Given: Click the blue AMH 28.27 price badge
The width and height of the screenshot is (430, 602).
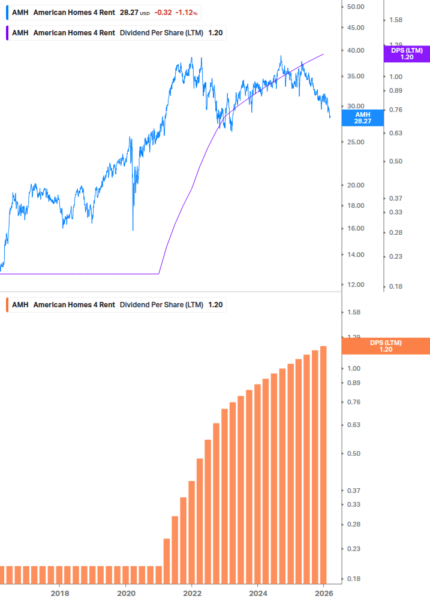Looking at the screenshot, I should (x=362, y=117).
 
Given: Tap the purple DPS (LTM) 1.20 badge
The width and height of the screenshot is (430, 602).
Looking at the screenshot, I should (x=406, y=54).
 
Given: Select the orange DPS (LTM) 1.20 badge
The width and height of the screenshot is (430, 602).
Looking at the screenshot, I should (x=385, y=346).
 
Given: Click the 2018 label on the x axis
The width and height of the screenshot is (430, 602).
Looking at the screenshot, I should (x=59, y=593).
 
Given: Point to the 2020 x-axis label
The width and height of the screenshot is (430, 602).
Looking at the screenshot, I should (x=126, y=593).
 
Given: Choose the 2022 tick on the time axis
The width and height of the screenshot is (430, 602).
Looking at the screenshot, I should (x=192, y=593).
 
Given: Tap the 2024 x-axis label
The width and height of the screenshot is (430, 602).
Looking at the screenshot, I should (x=258, y=593).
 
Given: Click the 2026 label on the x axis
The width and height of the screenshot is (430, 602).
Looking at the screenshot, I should (x=324, y=593).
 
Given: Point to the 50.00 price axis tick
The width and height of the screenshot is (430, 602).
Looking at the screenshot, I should (x=356, y=7).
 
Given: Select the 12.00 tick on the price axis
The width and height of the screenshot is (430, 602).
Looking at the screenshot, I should (x=356, y=284).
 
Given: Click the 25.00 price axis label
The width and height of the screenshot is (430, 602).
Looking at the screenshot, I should (x=356, y=142).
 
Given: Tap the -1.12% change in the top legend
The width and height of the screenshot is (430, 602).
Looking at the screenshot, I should (x=187, y=12).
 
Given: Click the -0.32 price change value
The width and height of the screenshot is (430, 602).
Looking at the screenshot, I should (x=162, y=12).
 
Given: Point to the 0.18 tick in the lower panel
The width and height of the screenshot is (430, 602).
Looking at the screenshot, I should (x=353, y=579).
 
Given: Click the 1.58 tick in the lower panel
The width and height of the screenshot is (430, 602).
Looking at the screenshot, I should (x=353, y=312).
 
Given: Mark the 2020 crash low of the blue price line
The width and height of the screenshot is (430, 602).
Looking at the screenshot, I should (x=133, y=229).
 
